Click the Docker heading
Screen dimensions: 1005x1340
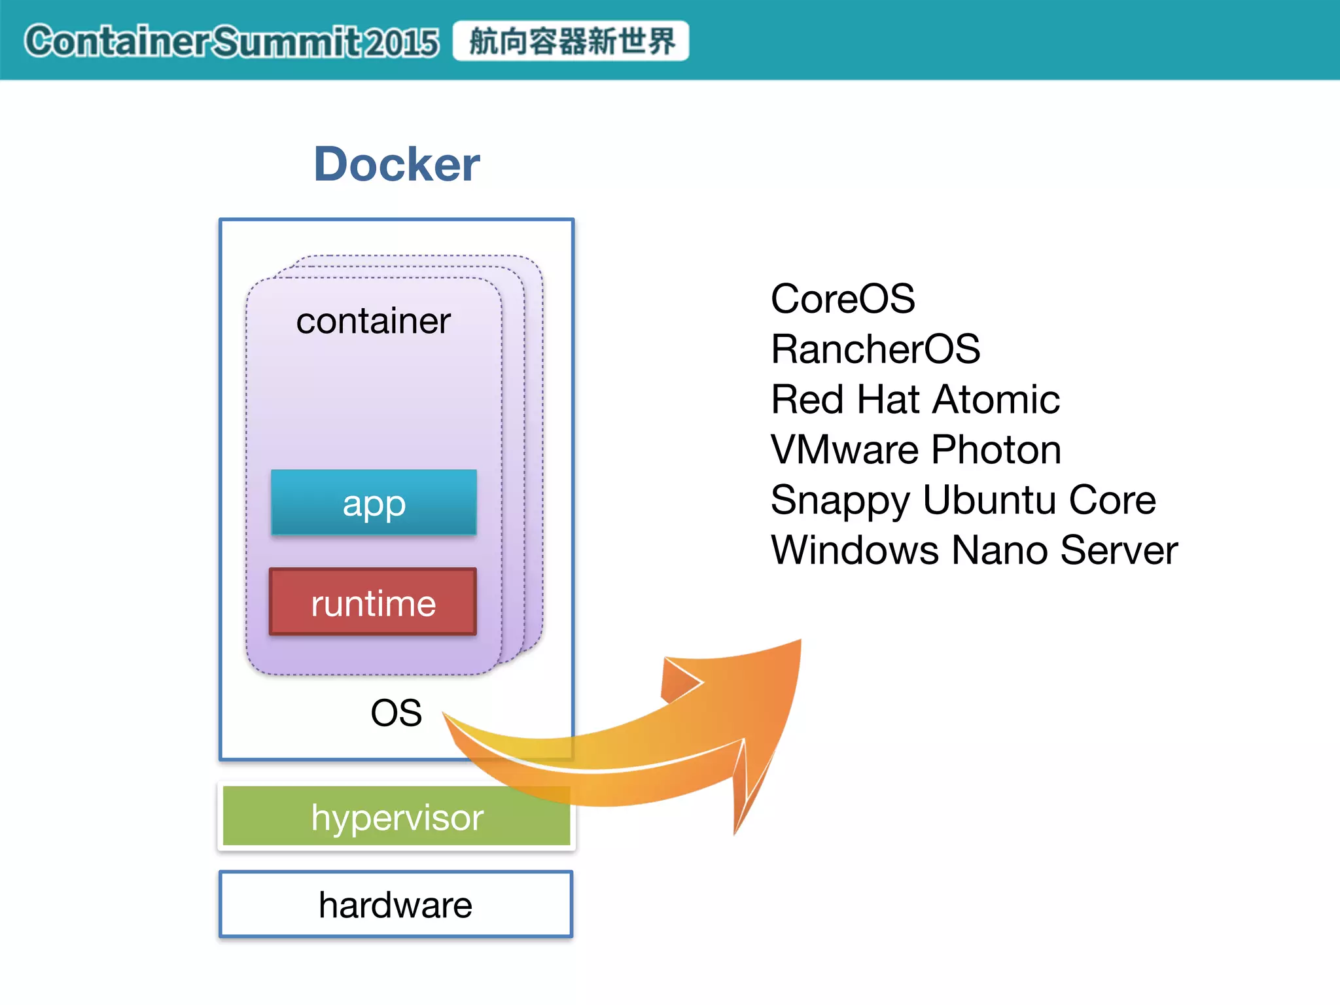point(397,164)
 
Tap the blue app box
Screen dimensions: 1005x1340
point(374,502)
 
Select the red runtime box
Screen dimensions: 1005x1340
point(373,602)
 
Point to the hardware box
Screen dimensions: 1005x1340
point(396,905)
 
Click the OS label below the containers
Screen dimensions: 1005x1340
point(396,713)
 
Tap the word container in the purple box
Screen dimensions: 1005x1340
point(373,321)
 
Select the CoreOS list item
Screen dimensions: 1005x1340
point(842,299)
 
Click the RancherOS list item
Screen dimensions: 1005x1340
point(875,349)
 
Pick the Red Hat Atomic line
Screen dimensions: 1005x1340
point(915,399)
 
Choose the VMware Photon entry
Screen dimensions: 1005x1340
point(915,450)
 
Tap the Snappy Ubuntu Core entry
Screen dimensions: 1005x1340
point(962,500)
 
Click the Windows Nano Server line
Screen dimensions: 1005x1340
point(974,550)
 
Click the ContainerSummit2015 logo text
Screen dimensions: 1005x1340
point(232,41)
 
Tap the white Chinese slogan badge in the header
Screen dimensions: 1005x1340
point(571,41)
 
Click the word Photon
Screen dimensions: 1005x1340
point(996,450)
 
